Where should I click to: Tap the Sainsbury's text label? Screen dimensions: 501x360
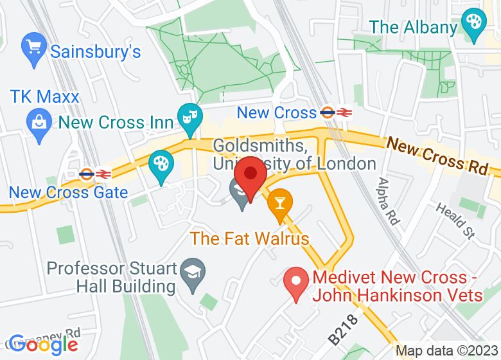[x=95, y=51]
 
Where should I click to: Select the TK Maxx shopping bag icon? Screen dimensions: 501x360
[x=39, y=120]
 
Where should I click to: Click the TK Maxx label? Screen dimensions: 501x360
[x=44, y=97]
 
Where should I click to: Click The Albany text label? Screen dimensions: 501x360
[x=413, y=28]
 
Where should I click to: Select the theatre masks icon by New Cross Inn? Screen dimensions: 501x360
[x=190, y=118]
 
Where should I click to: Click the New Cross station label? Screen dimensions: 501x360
[x=277, y=113]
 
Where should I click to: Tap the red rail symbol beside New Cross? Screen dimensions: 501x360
[x=345, y=113]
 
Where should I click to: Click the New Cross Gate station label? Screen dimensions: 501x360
[x=68, y=192]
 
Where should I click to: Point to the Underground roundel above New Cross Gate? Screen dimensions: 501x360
[x=86, y=173]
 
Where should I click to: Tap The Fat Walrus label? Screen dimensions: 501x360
[x=250, y=239]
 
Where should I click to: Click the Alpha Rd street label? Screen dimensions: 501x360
[x=389, y=201]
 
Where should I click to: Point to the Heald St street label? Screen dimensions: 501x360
[x=454, y=221]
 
